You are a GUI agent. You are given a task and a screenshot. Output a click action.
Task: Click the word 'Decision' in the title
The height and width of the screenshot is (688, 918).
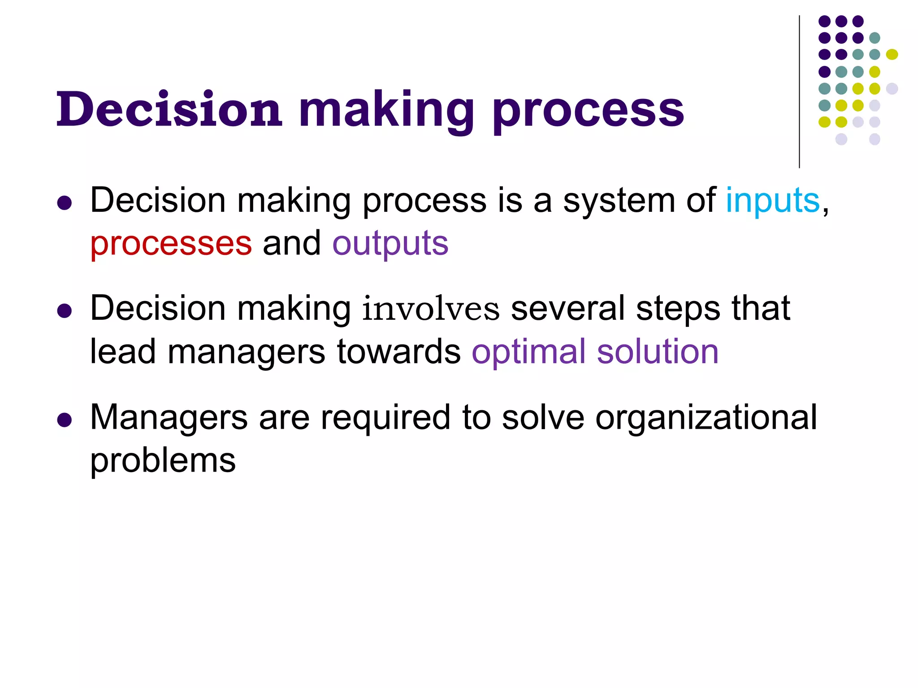pos(169,109)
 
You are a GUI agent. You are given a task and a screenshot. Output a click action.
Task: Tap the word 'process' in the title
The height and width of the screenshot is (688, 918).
pos(588,112)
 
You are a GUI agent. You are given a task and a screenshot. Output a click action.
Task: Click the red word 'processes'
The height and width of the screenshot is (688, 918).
pos(171,244)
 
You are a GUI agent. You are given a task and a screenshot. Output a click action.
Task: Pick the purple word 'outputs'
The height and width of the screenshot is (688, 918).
pos(390,244)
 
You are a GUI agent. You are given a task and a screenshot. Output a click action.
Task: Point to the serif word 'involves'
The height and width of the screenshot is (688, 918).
pos(430,309)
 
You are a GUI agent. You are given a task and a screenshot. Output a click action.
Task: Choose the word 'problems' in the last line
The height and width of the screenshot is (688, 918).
pos(163,461)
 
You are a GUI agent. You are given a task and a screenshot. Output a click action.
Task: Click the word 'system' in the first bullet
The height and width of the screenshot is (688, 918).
pos(619,202)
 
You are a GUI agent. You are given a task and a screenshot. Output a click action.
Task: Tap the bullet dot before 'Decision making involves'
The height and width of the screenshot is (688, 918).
pos(65,311)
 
